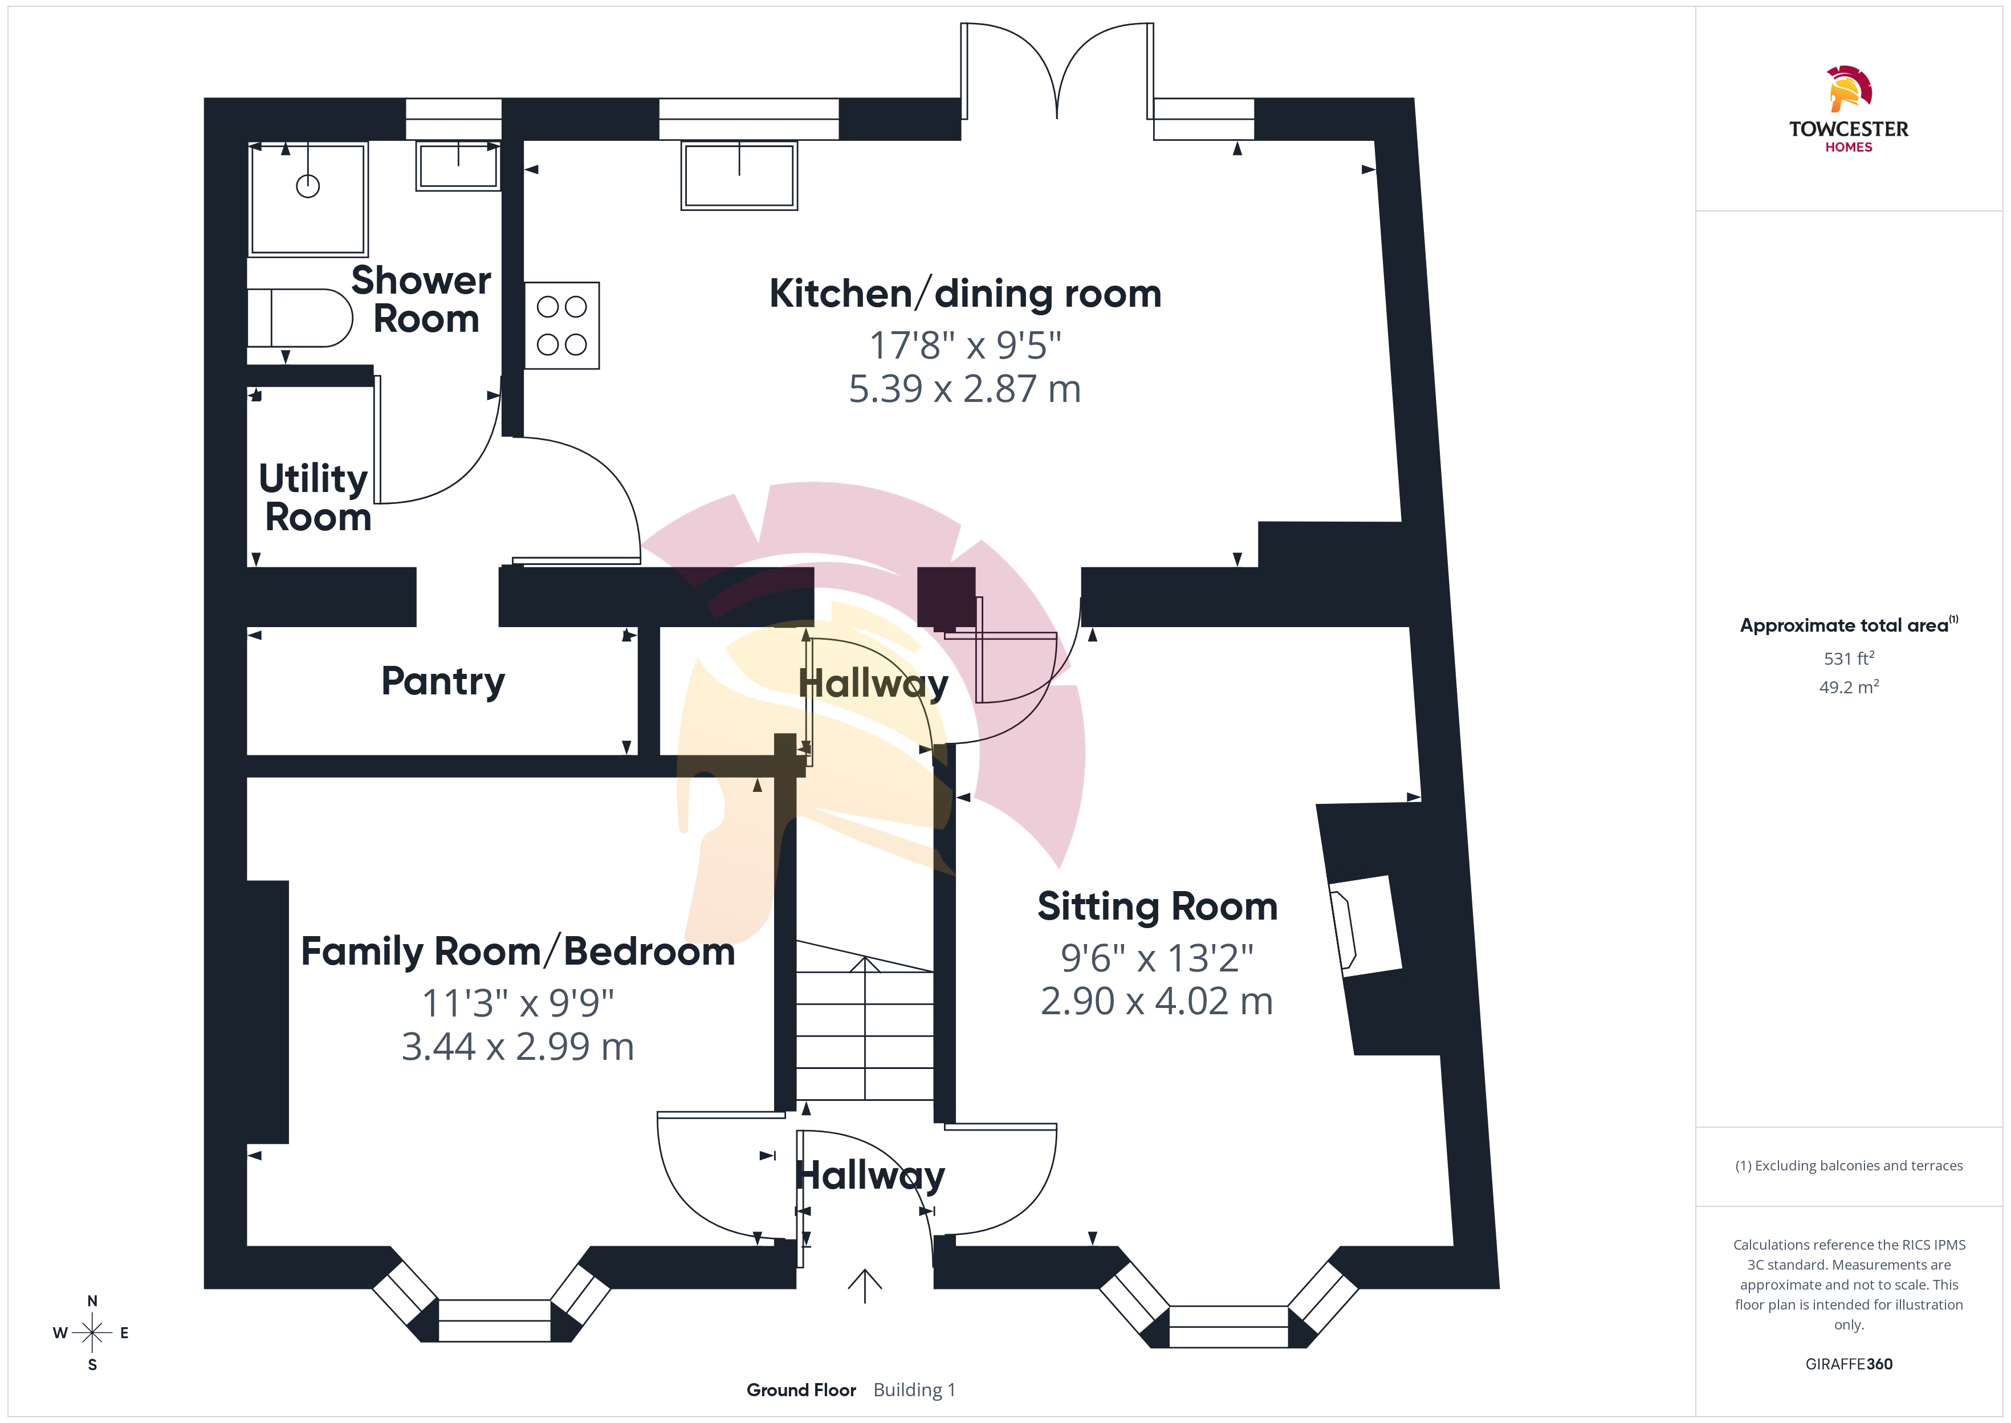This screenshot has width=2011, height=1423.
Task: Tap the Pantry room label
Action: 443,682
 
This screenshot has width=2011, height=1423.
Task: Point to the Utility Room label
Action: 315,498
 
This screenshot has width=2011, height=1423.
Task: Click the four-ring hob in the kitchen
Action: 562,325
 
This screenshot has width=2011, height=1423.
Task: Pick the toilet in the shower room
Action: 300,317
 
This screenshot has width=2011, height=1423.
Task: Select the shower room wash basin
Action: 458,165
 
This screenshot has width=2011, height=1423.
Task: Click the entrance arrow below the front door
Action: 865,1286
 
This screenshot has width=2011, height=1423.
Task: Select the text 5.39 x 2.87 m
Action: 965,389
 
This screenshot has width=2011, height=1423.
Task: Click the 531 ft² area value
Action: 1849,658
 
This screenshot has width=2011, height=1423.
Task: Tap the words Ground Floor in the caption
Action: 801,1390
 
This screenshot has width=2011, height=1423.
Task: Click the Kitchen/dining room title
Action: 965,294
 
